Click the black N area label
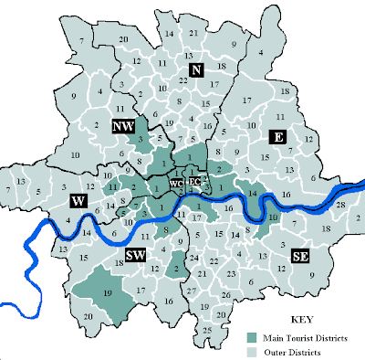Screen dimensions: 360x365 point(194,70)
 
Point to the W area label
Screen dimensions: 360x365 point(79,199)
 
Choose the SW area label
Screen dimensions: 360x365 point(136,255)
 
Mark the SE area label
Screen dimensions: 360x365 point(299,257)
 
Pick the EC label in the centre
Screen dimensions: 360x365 point(194,181)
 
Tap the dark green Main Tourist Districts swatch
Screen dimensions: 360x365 point(253,336)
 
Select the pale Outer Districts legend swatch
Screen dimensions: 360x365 point(253,350)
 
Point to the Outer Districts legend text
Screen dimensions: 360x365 point(289,350)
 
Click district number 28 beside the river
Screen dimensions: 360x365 point(341,206)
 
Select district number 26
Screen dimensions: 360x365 point(225,294)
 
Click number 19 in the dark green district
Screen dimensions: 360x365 point(109,294)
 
